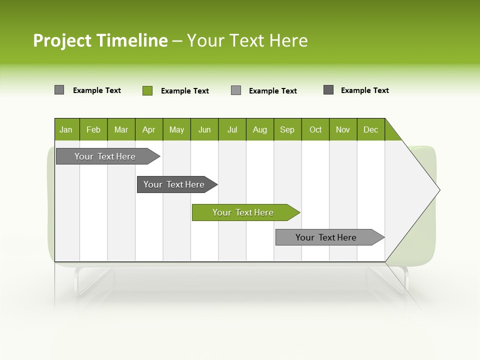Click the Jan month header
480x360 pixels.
coord(66,129)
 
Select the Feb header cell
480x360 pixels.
coord(93,129)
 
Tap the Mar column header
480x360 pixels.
coord(121,129)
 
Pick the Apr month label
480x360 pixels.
coord(149,129)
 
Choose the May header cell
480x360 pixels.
coord(176,129)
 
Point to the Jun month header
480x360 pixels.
coord(204,129)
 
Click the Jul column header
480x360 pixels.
coord(232,129)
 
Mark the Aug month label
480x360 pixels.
coord(260,129)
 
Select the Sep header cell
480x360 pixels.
coord(287,129)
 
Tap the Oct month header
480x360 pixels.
coord(315,129)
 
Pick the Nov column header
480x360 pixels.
coord(343,129)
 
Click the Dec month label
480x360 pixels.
coord(371,129)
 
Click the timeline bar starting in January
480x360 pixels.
coord(105,156)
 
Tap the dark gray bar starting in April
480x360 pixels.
coord(174,184)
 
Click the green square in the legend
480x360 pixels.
coord(147,90)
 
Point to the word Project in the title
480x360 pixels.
coord(62,40)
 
